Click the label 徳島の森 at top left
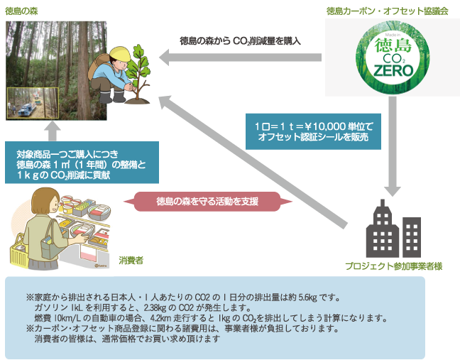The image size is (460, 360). [22, 12]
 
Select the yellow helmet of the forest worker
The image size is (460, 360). [120, 54]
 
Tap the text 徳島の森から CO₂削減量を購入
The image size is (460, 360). [240, 42]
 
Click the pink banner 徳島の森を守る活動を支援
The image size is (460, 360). [206, 201]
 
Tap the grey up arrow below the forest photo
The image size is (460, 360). [50, 133]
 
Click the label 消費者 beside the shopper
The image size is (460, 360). [131, 261]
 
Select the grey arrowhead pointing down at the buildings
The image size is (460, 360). [393, 187]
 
